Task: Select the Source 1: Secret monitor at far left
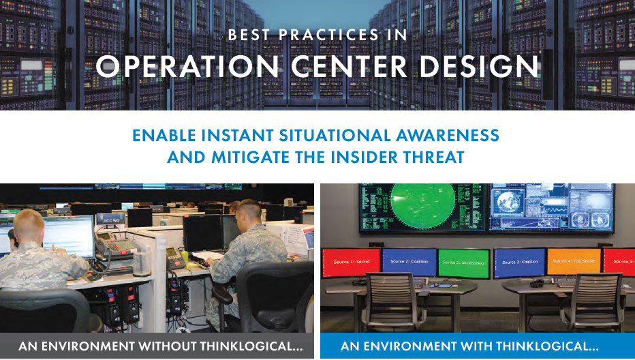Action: pyautogui.click(x=350, y=262)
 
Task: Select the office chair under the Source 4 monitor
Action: pyautogui.click(x=578, y=300)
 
